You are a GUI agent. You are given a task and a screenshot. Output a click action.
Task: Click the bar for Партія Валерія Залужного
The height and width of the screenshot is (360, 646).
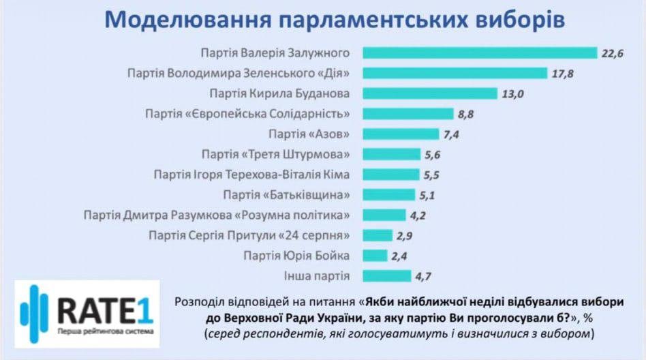pos(479,52)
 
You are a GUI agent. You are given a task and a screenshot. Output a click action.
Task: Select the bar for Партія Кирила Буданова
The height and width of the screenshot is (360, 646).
pos(430,93)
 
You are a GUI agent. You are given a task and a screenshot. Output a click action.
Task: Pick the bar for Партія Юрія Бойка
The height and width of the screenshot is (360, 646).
pos(375,256)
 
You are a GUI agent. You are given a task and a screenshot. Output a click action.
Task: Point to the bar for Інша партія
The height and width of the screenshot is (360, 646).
pos(386,276)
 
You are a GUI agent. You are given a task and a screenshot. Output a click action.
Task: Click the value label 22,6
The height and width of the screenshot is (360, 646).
pos(611,53)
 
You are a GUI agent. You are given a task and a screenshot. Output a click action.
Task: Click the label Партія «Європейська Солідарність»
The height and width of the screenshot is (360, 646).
pos(248,113)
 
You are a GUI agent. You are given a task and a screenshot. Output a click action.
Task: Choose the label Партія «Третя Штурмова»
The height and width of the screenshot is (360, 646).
pos(276,154)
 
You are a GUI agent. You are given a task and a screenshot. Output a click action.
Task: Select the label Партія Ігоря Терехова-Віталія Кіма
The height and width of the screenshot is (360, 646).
pos(252,175)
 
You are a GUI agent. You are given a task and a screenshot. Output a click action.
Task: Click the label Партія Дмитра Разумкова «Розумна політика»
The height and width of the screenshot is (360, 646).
pos(217,215)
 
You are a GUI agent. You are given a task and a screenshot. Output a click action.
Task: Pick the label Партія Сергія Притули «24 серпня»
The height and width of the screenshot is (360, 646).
pos(249,236)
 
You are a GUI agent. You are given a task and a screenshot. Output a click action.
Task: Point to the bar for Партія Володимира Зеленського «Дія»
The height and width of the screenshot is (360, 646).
pos(455,73)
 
